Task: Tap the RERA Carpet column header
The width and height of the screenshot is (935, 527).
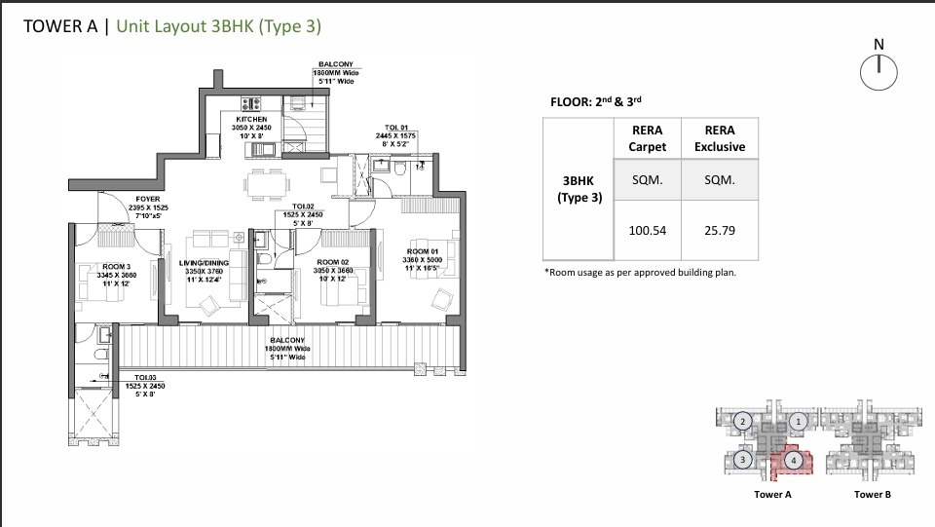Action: tap(648, 138)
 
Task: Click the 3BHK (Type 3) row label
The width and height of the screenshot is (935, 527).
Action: tap(580, 189)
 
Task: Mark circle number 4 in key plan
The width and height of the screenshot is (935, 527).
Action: tap(794, 460)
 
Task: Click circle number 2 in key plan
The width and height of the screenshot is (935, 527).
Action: tap(742, 421)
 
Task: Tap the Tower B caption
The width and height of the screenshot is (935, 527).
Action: tap(872, 495)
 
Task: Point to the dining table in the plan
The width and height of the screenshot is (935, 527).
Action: tap(265, 182)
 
